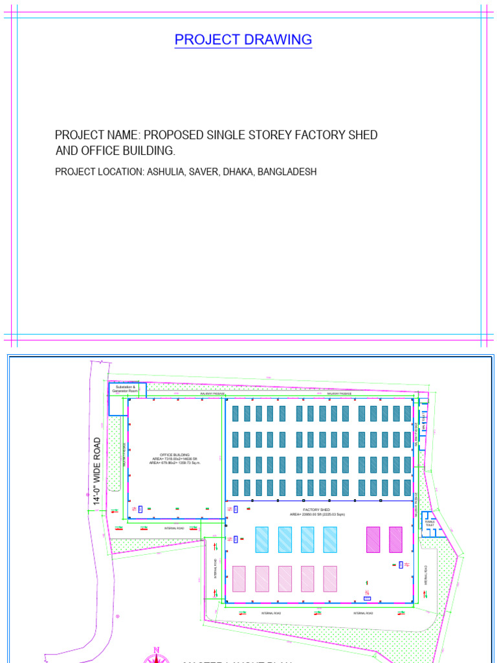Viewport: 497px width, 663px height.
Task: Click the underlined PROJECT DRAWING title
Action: (x=243, y=39)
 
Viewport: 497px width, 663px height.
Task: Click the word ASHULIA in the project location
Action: (x=165, y=172)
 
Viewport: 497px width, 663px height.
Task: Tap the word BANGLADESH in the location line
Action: (x=287, y=172)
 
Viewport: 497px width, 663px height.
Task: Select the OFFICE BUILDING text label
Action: (x=175, y=455)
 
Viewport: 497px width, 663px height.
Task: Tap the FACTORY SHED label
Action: (x=317, y=510)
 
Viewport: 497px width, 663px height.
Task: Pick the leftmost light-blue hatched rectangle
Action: (x=261, y=539)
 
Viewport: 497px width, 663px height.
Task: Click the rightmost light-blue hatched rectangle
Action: (x=330, y=539)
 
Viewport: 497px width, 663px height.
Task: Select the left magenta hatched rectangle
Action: (x=373, y=539)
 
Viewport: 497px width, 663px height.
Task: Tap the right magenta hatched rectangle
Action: (x=395, y=539)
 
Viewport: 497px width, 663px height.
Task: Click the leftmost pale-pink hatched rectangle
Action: (x=239, y=578)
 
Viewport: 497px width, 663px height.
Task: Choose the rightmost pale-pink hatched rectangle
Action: (x=330, y=578)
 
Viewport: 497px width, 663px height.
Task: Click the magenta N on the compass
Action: (x=156, y=649)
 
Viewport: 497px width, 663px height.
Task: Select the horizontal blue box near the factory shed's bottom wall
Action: (x=368, y=598)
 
